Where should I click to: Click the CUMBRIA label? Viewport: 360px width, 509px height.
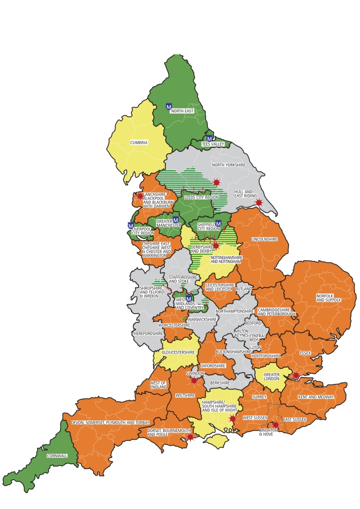[x=139, y=143]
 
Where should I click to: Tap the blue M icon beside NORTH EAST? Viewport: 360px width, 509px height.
[x=169, y=107]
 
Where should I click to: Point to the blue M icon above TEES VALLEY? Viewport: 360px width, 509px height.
[x=209, y=139]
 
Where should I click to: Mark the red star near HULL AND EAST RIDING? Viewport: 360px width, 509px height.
[x=259, y=202]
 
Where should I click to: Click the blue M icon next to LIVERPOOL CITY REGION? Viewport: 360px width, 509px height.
[x=130, y=225]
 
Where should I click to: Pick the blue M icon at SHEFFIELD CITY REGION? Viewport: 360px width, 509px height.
[x=218, y=223]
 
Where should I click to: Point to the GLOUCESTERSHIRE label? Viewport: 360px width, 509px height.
[x=178, y=352]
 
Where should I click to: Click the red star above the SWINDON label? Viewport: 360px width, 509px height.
[x=194, y=380]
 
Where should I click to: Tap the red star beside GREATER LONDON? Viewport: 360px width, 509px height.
[x=296, y=375]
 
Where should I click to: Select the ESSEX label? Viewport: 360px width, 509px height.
[x=305, y=353]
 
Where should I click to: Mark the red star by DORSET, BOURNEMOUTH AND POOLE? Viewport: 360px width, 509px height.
[x=190, y=437]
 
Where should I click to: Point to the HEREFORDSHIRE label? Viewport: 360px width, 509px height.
[x=148, y=333]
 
